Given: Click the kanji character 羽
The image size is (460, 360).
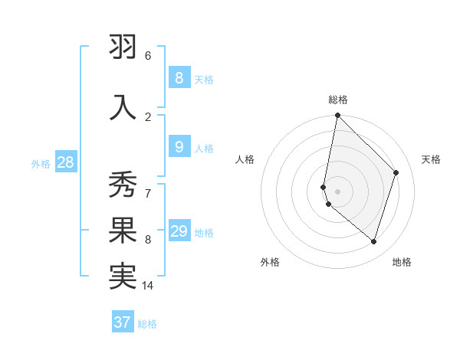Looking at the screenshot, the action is coord(123,47).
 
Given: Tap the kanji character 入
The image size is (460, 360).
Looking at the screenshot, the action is coord(123,106).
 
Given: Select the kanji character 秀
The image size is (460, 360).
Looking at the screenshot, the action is coord(123,185).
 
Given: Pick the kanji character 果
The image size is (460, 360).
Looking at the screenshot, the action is coord(123,231).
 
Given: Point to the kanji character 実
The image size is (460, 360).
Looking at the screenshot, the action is coord(123,276).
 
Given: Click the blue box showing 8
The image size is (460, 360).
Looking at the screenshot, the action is coord(179,77).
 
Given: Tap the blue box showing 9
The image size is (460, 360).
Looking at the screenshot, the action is coord(179,147).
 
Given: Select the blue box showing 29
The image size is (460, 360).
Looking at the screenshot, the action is coord(179,231).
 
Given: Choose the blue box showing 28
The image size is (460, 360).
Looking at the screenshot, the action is coord(65,162).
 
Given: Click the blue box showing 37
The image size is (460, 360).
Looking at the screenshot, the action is coord(122,322).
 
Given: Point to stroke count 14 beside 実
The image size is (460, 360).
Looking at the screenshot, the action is coord(148,286).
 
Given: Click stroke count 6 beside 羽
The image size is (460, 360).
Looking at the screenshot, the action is coord(148,56).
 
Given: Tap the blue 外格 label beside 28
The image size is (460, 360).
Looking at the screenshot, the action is coord(41,162).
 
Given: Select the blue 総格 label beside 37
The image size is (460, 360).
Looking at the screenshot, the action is coord(147,324).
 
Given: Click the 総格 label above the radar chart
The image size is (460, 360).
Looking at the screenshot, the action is coord(338,100).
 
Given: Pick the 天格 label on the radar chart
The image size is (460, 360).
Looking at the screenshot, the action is coord(431,159).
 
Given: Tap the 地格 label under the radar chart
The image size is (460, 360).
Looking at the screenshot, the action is coord(402,262).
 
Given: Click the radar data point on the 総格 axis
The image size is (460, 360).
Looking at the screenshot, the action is coord(337,115).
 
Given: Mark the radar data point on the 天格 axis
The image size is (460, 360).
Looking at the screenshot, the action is coord(396,172).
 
